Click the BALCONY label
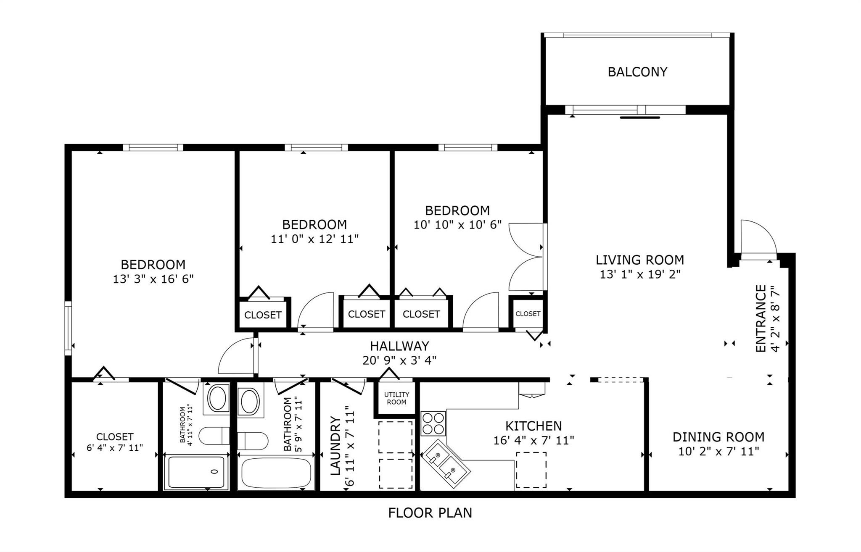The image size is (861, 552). (637, 72)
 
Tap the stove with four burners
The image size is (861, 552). (433, 423)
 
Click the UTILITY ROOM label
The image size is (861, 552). (396, 398)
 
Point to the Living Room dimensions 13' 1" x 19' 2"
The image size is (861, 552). (640, 274)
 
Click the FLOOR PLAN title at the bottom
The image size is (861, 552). (430, 513)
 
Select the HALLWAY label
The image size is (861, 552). (399, 346)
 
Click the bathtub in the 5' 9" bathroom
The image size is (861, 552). (276, 473)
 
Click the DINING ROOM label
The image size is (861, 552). (718, 437)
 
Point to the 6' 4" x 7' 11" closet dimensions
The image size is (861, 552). (115, 448)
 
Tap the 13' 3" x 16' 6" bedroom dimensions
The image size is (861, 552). (153, 279)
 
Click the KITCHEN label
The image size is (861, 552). (533, 426)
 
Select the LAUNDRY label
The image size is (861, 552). (335, 445)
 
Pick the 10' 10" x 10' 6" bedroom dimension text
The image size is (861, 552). (457, 225)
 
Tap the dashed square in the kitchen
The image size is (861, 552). (531, 470)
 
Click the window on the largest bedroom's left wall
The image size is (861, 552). (68, 328)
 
